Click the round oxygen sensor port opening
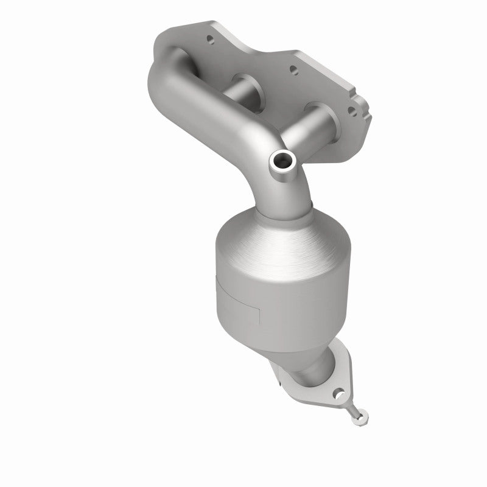pos(283,162)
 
